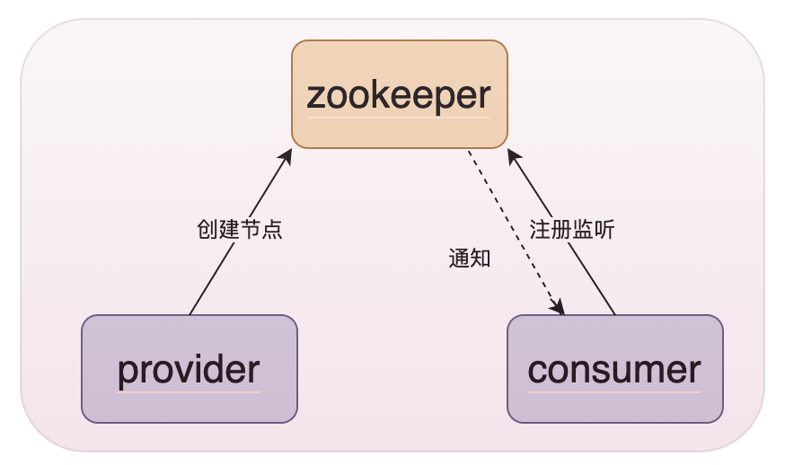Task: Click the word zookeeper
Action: coord(399,94)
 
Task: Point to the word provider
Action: coord(189,369)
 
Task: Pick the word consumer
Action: coord(614,369)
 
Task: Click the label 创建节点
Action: coord(239,229)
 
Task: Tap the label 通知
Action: coord(469,259)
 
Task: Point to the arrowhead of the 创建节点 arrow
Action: coord(287,154)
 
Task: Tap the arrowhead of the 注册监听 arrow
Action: coord(512,154)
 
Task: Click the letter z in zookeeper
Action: coord(315,95)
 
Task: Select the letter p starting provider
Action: coord(127,372)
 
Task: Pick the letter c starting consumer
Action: coord(536,369)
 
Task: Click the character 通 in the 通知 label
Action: coord(458,259)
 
